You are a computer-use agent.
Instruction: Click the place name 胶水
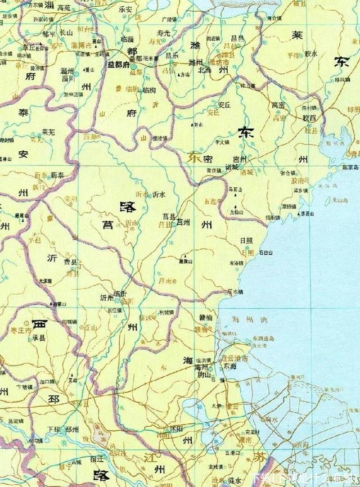(x=310, y=54)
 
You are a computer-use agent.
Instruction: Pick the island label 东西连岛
(x=263, y=339)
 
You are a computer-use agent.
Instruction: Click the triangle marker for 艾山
(x=73, y=375)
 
